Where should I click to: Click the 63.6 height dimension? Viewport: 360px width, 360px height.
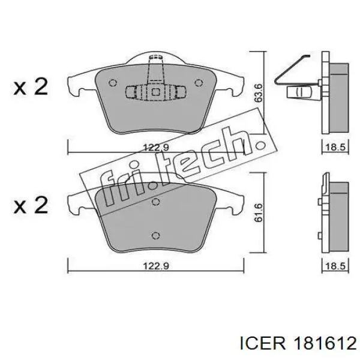click(259, 93)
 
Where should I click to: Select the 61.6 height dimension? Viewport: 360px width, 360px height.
click(259, 213)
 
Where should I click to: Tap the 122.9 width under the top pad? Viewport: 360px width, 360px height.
click(156, 147)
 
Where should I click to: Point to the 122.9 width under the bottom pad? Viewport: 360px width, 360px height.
click(156, 266)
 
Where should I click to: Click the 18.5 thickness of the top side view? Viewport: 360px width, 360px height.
click(335, 147)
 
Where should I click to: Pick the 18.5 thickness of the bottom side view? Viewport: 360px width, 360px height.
click(335, 266)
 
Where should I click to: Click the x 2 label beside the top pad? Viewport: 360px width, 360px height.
click(31, 87)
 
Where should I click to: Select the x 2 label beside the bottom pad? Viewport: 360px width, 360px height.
click(31, 205)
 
